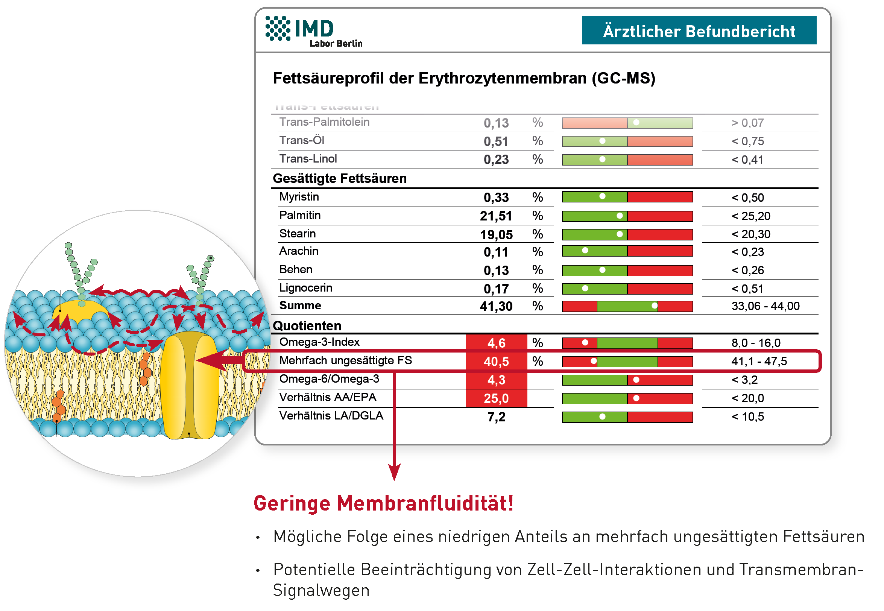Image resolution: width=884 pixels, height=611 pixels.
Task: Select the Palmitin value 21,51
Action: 495,216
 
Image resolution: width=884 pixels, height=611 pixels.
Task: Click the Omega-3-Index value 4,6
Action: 496,343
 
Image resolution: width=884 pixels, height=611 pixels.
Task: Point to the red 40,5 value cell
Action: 496,361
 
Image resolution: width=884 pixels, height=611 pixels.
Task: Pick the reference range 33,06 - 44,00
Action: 765,306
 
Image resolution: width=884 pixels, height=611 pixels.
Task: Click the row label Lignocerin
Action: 305,287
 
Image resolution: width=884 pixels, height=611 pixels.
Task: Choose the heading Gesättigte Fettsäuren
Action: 339,178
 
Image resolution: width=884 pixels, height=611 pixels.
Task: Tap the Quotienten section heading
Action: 307,325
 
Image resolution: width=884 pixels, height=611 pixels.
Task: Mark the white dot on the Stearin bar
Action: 620,234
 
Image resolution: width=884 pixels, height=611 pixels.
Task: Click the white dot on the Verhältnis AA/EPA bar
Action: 636,398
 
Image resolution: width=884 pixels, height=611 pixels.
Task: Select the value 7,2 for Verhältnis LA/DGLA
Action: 496,416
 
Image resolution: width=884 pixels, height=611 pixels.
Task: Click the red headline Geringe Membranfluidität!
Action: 383,503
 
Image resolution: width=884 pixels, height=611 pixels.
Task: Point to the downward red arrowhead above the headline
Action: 394,472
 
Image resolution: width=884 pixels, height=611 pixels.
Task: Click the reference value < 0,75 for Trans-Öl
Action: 747,141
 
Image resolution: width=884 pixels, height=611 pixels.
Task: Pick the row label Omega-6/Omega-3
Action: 329,379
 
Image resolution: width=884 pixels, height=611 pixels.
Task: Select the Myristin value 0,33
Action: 495,198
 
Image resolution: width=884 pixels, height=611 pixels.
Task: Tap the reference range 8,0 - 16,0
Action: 755,343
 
